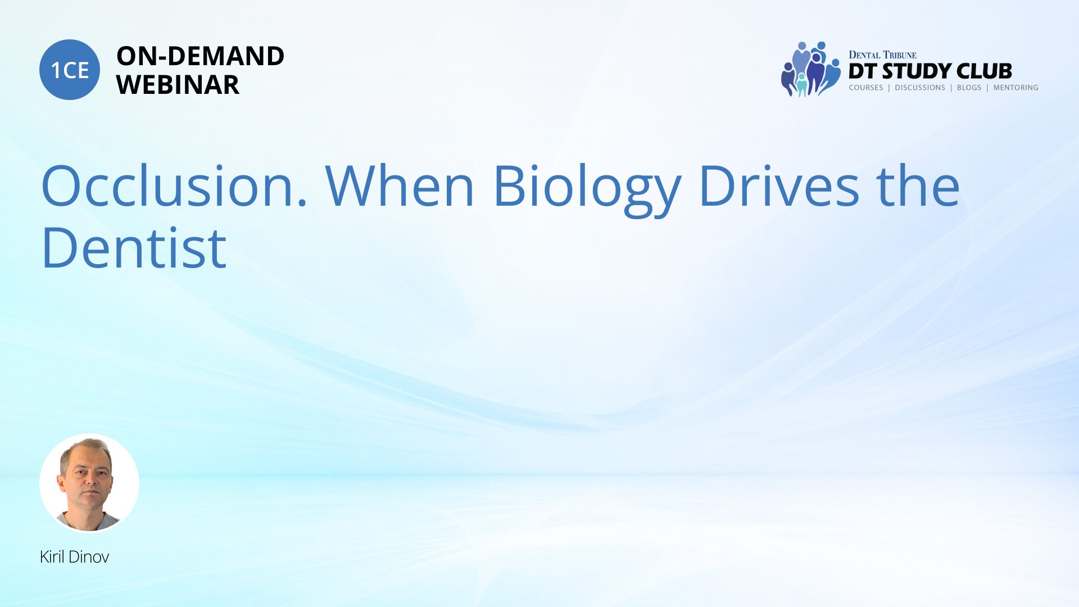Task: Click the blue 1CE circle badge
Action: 70,70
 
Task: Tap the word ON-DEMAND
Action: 200,56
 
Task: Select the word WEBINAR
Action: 178,85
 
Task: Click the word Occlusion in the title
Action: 174,185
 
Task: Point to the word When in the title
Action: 400,185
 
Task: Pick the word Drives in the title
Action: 779,185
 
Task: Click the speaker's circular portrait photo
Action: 89,483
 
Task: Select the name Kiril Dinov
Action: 74,557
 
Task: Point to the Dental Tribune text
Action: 882,55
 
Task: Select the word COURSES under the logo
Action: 866,88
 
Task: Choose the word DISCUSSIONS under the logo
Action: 920,88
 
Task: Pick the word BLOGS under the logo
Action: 969,88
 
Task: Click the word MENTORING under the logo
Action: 1015,88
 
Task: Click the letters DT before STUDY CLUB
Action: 863,71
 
